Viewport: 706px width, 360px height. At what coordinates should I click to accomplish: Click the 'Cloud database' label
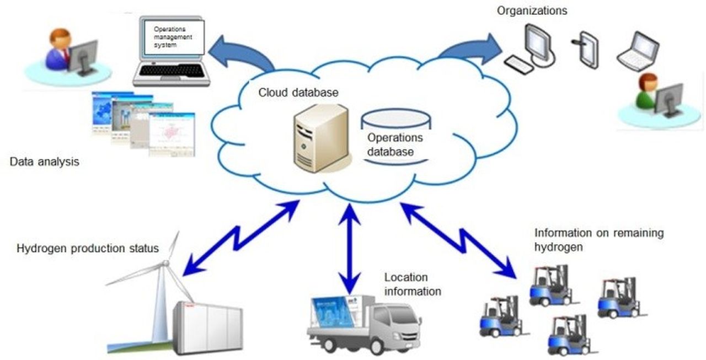point(298,93)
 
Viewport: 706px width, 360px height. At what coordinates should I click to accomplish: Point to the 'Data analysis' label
point(45,162)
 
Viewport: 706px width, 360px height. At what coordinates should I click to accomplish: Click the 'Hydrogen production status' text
point(88,248)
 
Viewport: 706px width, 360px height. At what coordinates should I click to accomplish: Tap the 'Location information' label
point(413,284)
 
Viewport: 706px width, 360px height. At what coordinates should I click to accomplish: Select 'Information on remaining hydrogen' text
point(599,240)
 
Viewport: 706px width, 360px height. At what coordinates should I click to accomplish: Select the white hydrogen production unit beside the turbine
point(207,329)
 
